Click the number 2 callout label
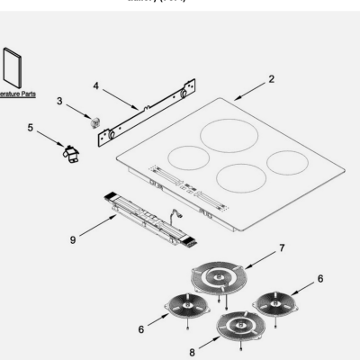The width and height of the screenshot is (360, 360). [272, 79]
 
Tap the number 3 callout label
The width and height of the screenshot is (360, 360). [60, 101]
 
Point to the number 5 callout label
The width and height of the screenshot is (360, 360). [30, 129]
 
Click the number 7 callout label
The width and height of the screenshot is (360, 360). [283, 247]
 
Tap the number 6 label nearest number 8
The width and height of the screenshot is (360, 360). [140, 330]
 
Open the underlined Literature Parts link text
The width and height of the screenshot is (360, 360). [16, 94]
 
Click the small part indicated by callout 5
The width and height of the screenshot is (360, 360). [67, 154]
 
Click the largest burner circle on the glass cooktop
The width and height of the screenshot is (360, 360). [229, 135]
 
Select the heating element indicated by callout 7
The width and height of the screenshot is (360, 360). [215, 279]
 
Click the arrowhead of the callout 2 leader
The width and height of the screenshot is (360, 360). [233, 98]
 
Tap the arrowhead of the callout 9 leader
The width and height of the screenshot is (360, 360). [116, 216]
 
